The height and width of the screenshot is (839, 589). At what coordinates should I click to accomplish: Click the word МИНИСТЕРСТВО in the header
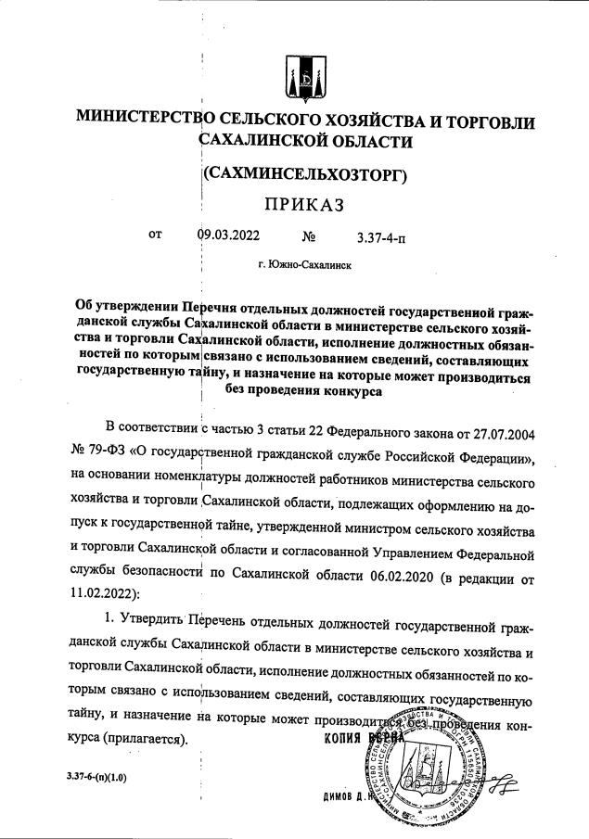click(145, 120)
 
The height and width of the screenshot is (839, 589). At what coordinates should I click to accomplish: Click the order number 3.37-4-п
click(380, 238)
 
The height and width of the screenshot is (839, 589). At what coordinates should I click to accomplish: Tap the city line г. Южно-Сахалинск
click(305, 264)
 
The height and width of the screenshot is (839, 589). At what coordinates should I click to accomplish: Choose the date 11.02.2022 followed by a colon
click(105, 591)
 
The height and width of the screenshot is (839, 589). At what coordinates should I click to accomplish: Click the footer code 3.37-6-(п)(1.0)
click(96, 776)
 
